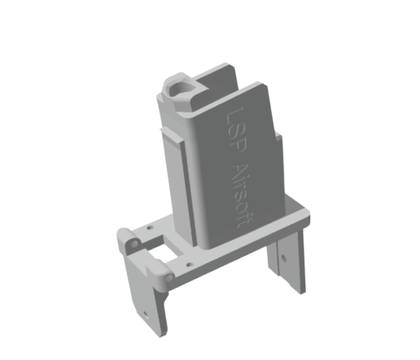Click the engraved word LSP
pyautogui.click(x=235, y=130)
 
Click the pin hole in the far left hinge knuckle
pyautogui.click(x=134, y=243)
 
